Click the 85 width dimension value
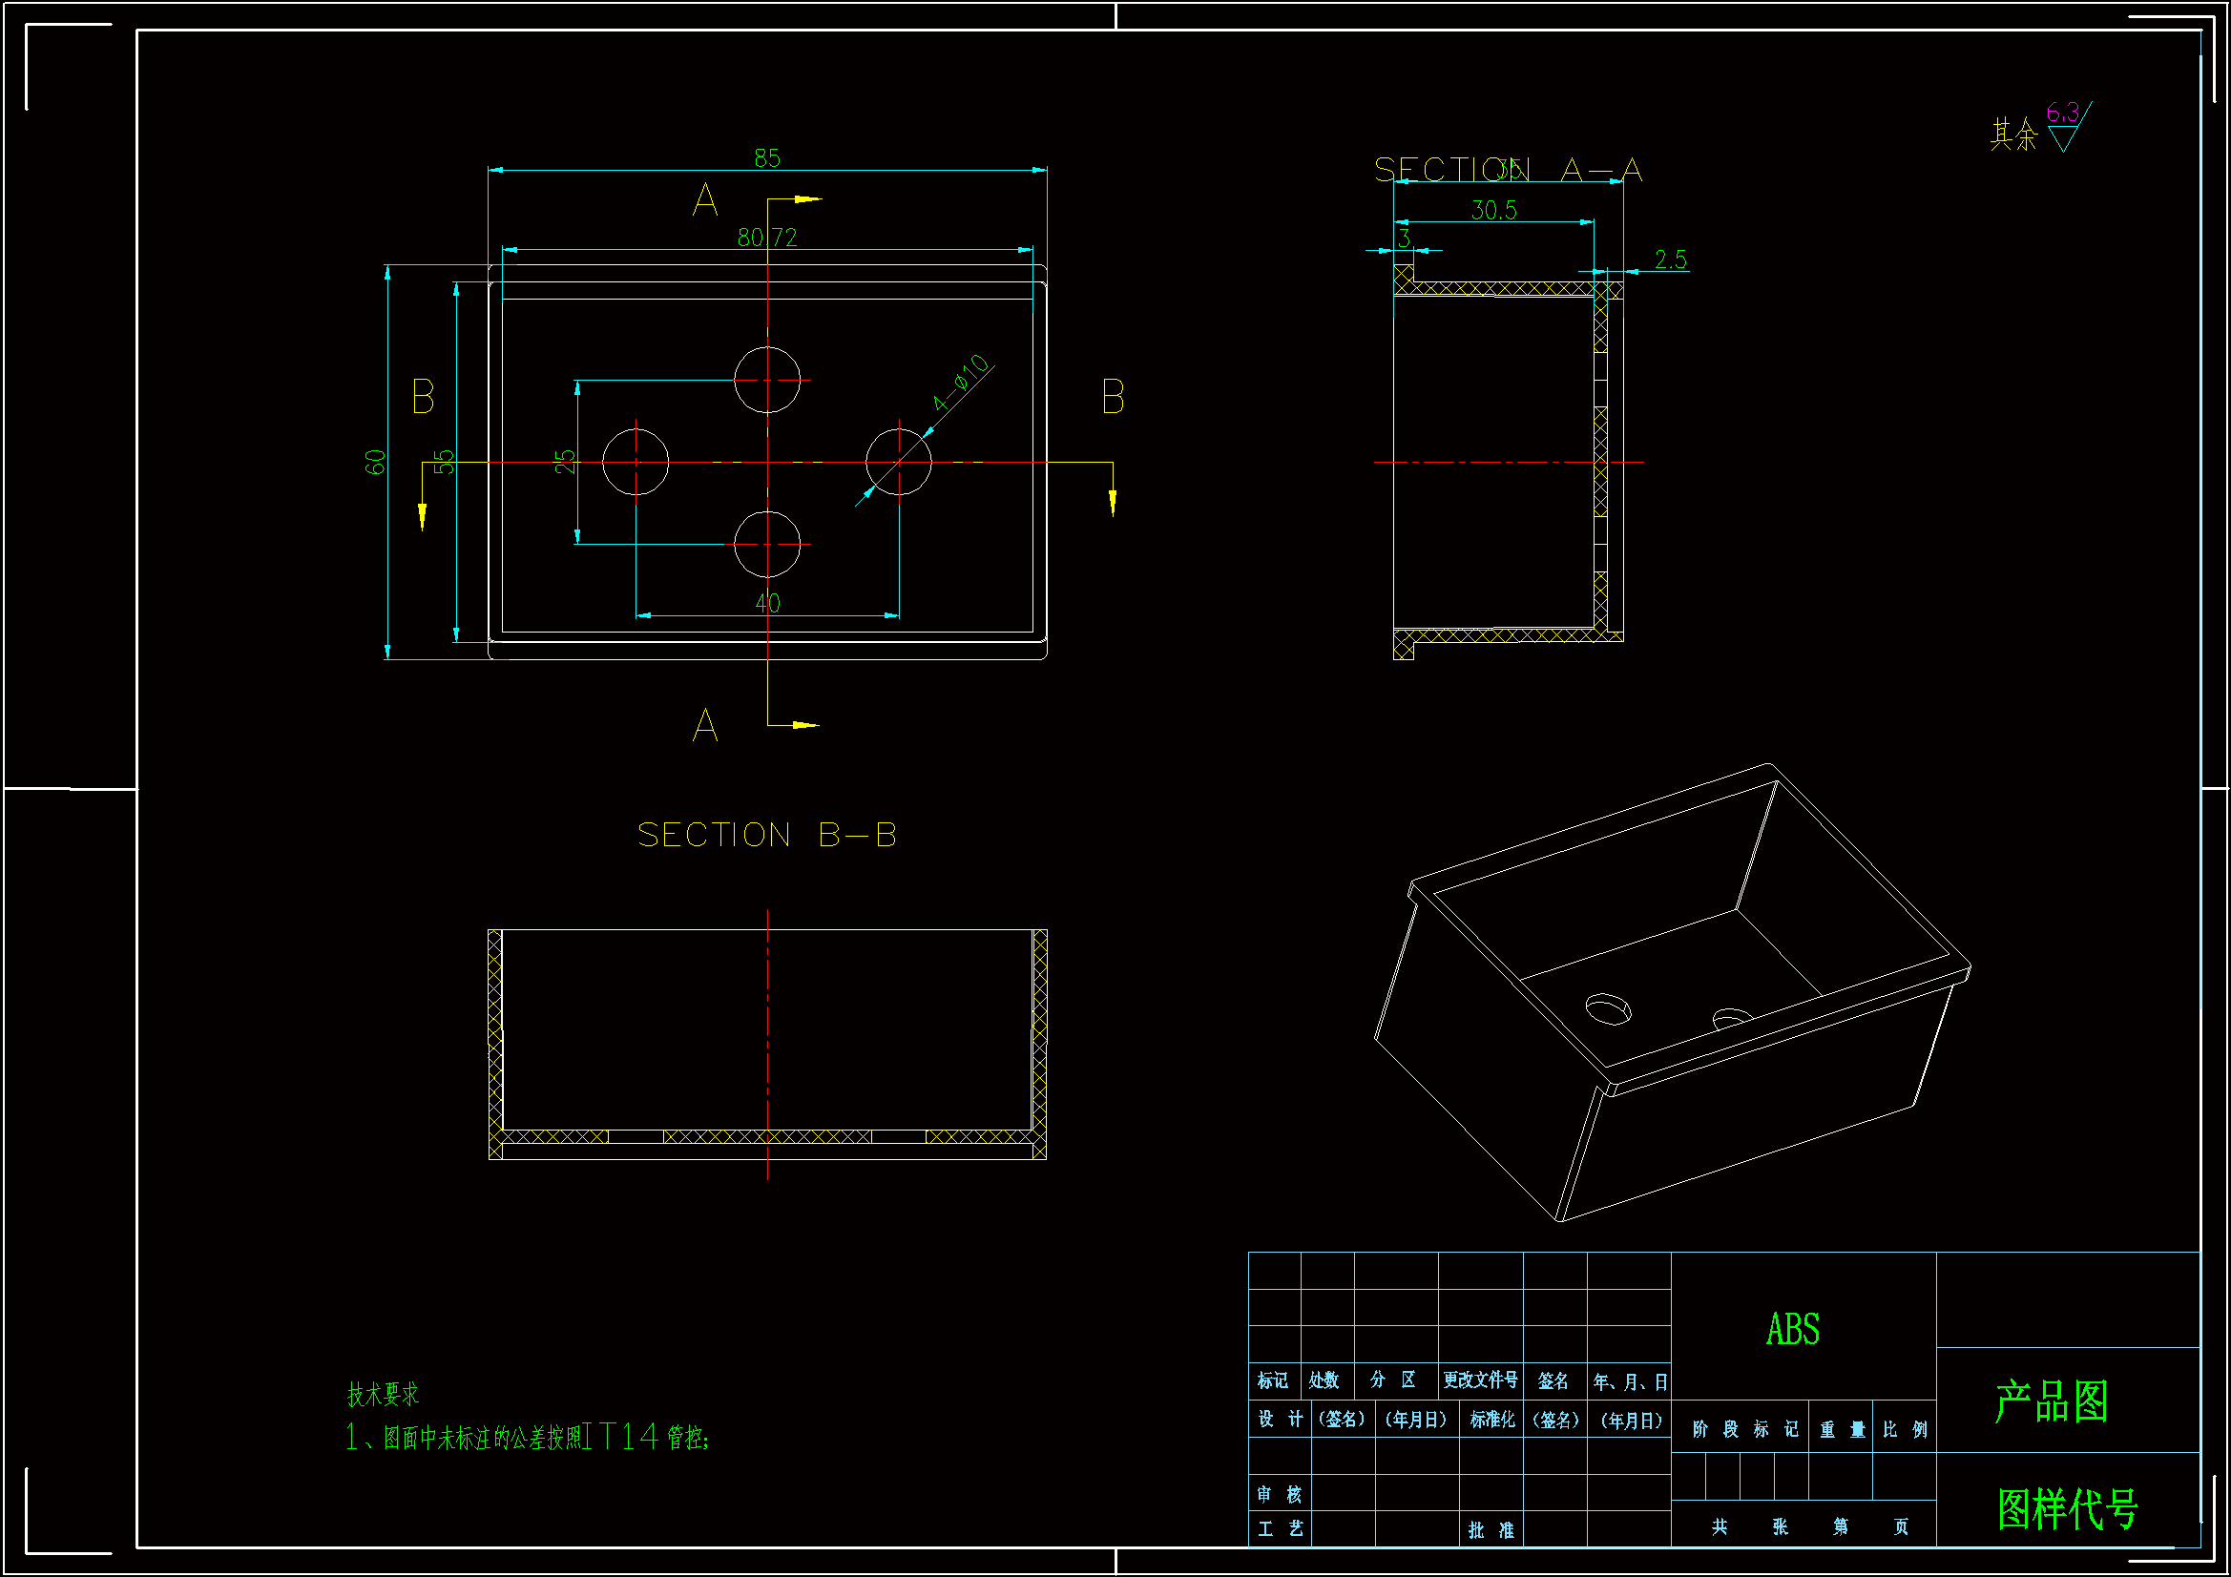(x=766, y=157)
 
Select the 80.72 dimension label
(x=766, y=238)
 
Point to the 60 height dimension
(x=375, y=462)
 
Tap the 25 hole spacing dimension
(x=565, y=461)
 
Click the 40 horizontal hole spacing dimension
(x=767, y=602)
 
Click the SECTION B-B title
(x=766, y=835)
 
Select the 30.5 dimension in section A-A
(x=1493, y=210)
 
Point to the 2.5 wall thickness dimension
(x=1670, y=259)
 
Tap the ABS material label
(x=1793, y=1329)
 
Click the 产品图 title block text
(x=2052, y=1401)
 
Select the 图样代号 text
(x=2067, y=1509)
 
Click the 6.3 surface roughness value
(x=2062, y=113)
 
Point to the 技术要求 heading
(x=383, y=1395)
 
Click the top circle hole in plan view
(x=766, y=380)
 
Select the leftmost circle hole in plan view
(x=636, y=462)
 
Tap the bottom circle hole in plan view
(x=766, y=544)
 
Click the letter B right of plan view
(x=1113, y=398)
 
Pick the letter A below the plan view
(x=705, y=725)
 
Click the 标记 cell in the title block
(x=1272, y=1380)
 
